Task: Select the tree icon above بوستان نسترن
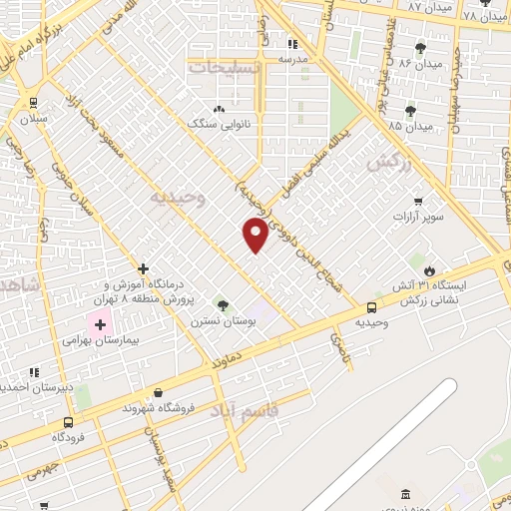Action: (x=222, y=304)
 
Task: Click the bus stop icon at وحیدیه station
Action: (x=372, y=306)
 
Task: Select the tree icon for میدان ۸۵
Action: (x=410, y=111)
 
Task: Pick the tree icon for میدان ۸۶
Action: (x=420, y=47)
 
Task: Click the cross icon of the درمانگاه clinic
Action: (x=144, y=268)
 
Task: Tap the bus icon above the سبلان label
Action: (x=34, y=102)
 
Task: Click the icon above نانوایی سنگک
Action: (x=219, y=108)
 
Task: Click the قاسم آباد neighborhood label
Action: (x=247, y=410)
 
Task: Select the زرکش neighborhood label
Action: (x=389, y=164)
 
